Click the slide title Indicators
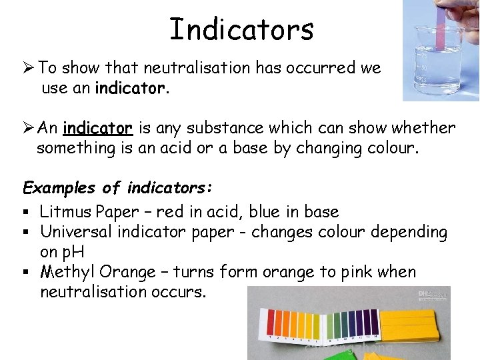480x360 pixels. click(241, 29)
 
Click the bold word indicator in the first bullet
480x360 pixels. click(129, 87)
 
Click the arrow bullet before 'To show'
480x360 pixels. click(29, 69)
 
